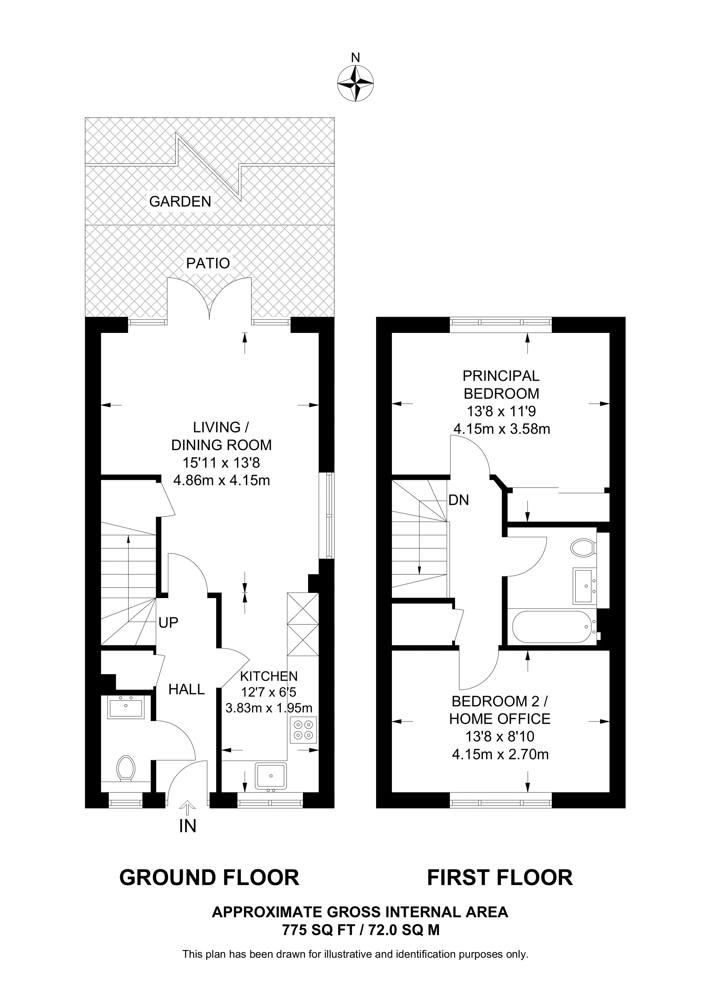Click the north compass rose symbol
355,83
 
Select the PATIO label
208,264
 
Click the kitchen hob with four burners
303,730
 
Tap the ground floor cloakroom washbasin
126,707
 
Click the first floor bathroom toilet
583,548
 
